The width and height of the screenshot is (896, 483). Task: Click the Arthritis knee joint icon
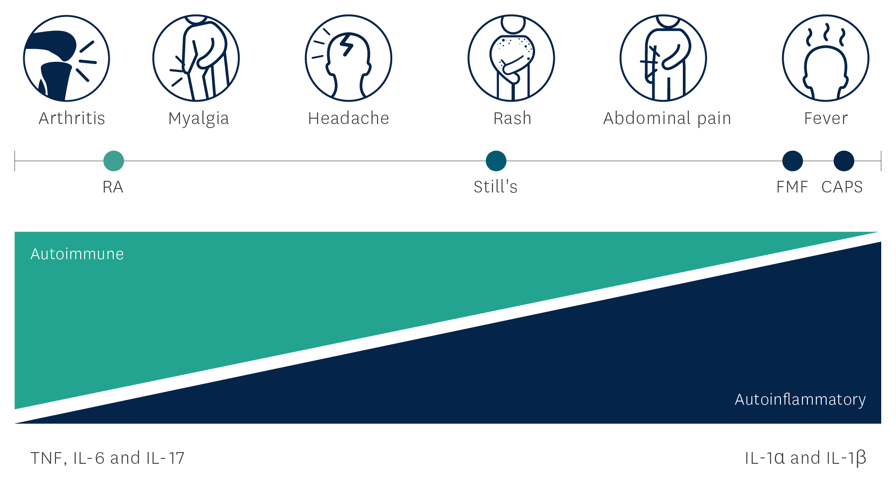[66, 58]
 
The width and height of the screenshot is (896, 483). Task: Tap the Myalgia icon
[196, 58]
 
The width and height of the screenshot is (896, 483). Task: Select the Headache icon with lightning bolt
[348, 58]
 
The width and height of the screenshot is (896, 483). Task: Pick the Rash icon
[511, 58]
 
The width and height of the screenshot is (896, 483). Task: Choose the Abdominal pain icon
[663, 58]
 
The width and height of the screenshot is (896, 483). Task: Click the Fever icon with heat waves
[826, 58]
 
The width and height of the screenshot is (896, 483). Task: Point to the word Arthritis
[72, 118]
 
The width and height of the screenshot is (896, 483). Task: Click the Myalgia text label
[198, 119]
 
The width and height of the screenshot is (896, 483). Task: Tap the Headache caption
[348, 118]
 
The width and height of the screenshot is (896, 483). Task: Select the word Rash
[512, 118]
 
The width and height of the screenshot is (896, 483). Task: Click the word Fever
[826, 118]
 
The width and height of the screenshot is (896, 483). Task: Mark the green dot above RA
[114, 161]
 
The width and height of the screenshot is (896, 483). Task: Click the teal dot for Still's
[496, 161]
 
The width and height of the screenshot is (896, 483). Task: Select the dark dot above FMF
[793, 161]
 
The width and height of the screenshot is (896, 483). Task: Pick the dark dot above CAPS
[844, 161]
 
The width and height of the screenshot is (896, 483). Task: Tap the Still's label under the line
[496, 187]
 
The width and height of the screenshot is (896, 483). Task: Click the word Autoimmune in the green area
[77, 254]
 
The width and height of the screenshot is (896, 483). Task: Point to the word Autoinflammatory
[800, 400]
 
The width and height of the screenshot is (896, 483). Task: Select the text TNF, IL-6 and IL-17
[107, 458]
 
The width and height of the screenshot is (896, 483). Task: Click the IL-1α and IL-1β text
[806, 458]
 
